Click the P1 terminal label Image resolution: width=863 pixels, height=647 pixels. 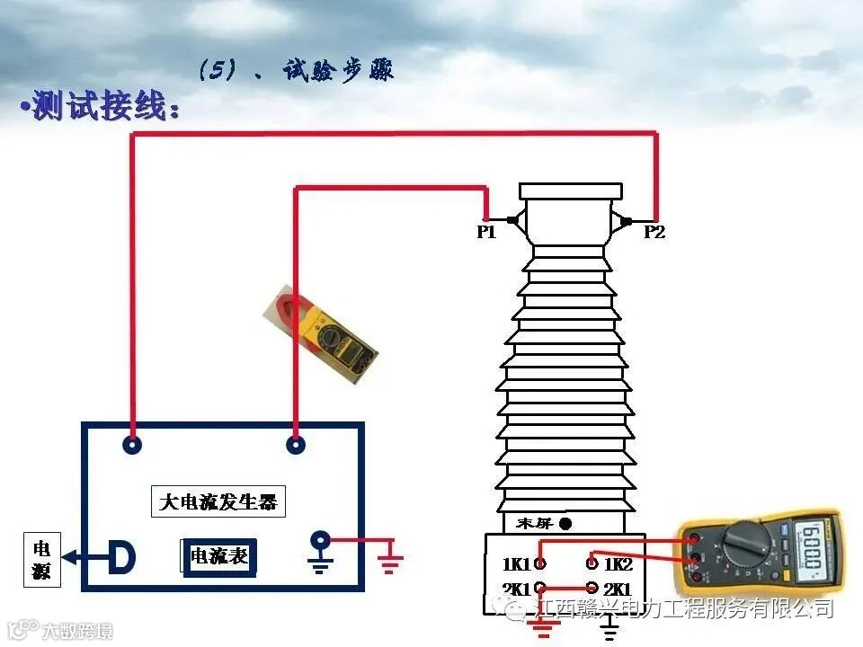pyautogui.click(x=485, y=233)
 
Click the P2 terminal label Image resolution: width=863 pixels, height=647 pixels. pyautogui.click(x=654, y=233)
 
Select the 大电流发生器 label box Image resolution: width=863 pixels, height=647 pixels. pyautogui.click(x=218, y=501)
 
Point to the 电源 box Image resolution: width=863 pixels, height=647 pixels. pyautogui.click(x=41, y=560)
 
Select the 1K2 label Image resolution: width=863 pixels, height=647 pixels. pyautogui.click(x=618, y=564)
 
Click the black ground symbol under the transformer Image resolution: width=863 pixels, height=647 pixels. pyautogui.click(x=609, y=630)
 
